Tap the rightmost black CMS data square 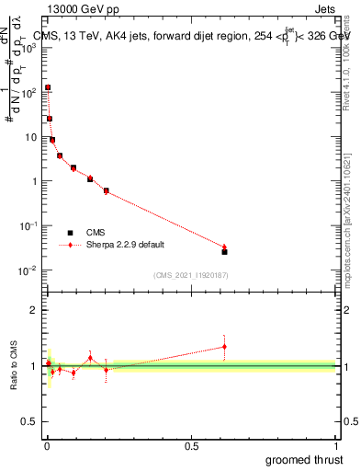point(224,251)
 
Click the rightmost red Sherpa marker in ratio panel point(224,347)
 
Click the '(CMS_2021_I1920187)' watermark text point(191,274)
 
